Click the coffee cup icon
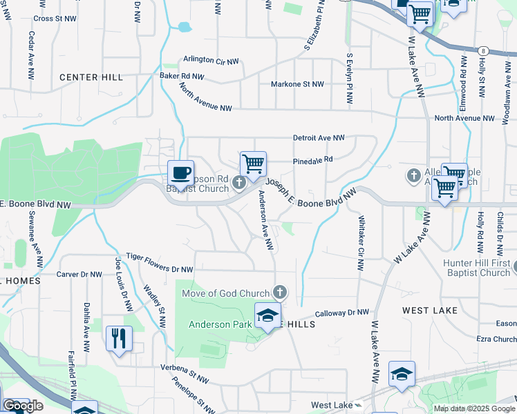pyautogui.click(x=181, y=172)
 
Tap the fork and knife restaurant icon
pyautogui.click(x=119, y=338)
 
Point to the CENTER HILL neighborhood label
pyautogui.click(x=91, y=77)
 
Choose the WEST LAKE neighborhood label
pyautogui.click(x=430, y=310)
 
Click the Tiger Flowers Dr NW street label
pyautogui.click(x=158, y=264)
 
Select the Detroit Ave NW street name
pyautogui.click(x=319, y=138)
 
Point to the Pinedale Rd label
pyautogui.click(x=313, y=159)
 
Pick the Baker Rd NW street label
pyautogui.click(x=182, y=76)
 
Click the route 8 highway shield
pyautogui.click(x=483, y=50)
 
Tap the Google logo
pyautogui.click(x=23, y=406)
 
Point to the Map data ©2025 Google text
pyautogui.click(x=474, y=408)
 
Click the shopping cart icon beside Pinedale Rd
pyautogui.click(x=254, y=164)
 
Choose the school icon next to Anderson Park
pyautogui.click(x=267, y=315)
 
